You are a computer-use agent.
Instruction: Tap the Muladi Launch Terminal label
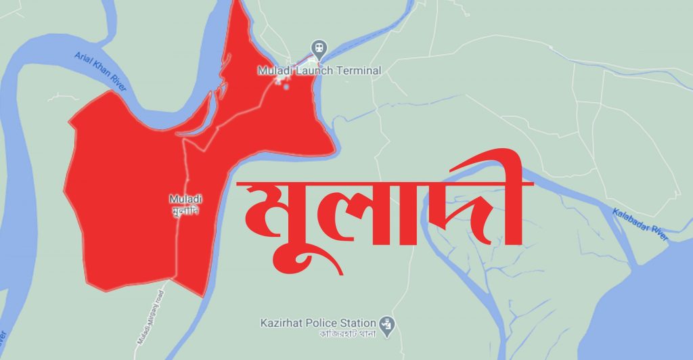click(319, 70)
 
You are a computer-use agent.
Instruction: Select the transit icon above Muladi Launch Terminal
click(319, 48)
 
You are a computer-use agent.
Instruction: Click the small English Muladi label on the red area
click(185, 199)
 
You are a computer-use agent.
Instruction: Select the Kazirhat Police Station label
click(318, 322)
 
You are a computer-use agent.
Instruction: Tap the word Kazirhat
click(280, 322)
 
